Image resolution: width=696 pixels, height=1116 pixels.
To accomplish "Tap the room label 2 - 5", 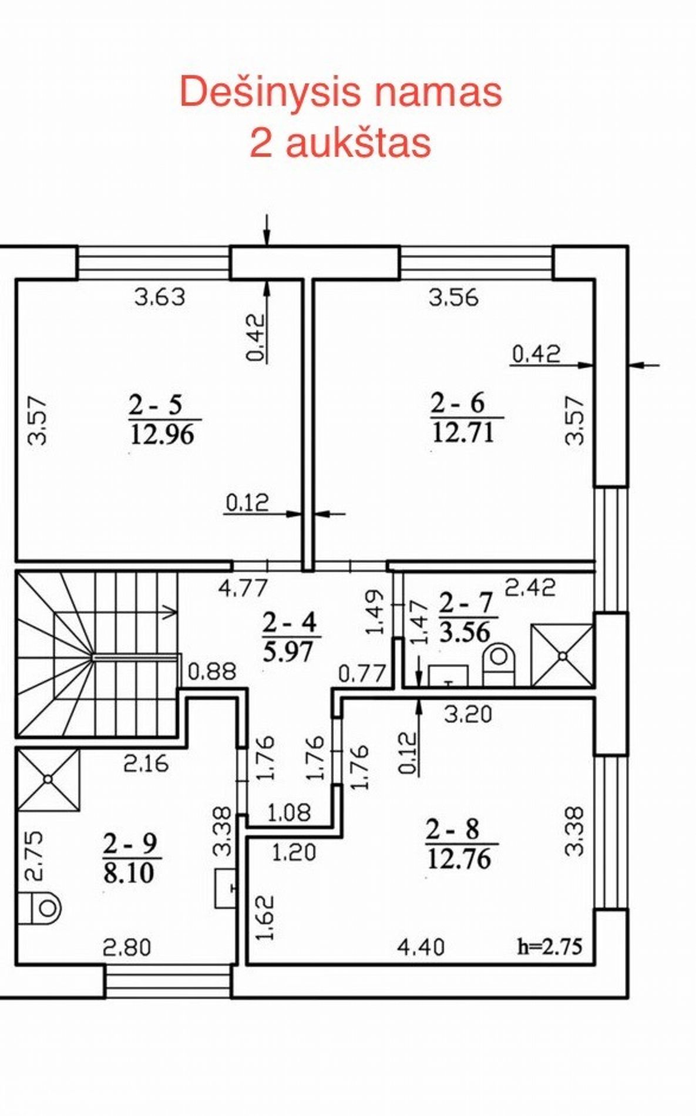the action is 156,404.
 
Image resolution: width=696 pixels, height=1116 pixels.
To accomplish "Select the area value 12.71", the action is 463,433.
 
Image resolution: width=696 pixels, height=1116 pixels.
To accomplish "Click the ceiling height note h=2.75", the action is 549,946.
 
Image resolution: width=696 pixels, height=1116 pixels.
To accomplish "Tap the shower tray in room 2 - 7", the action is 562,655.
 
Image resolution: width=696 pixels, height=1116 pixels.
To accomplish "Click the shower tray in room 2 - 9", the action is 48,779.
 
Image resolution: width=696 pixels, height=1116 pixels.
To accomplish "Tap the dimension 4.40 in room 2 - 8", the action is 421,947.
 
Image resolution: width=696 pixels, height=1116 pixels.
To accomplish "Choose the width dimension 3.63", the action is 160,297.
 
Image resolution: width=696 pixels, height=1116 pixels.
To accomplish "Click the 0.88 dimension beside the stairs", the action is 212,671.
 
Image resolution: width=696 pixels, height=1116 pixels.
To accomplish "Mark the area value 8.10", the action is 129,873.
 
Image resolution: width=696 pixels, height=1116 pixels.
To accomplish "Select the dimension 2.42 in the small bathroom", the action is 530,587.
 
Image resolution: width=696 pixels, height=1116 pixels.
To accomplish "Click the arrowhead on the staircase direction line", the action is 172,611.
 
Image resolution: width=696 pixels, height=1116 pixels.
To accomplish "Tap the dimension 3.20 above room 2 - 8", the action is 468,714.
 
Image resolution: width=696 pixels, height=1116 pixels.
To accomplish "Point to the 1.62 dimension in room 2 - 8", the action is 266,917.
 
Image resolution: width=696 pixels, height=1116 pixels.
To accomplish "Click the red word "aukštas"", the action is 341,142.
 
